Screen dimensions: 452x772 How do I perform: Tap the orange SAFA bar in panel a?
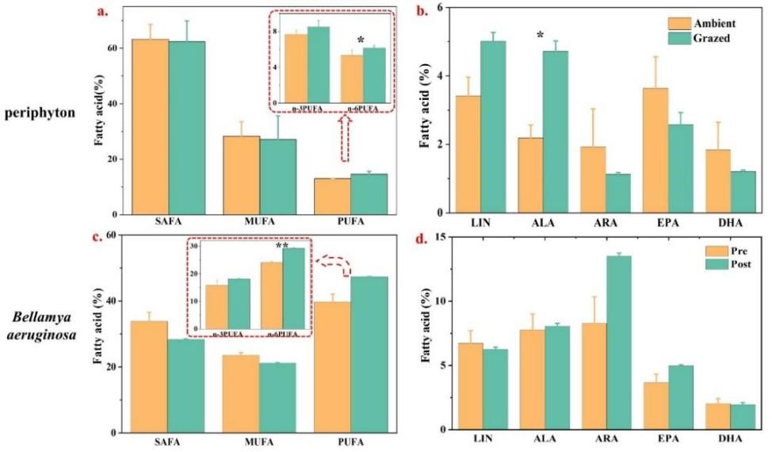pos(150,126)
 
